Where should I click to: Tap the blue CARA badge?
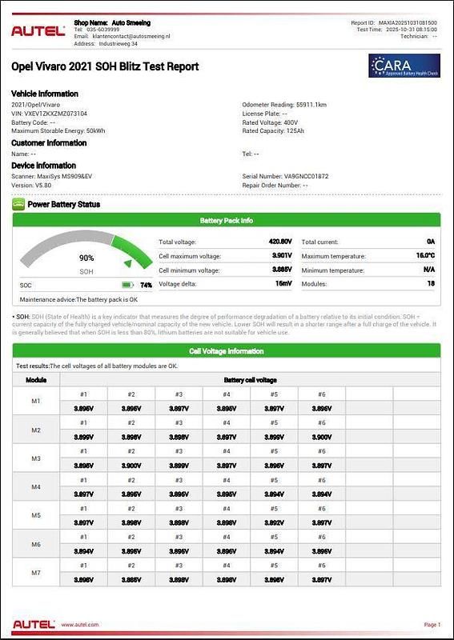click(402, 66)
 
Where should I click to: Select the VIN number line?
click(50, 114)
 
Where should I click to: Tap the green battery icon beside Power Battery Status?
click(18, 204)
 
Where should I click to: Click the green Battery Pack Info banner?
click(227, 220)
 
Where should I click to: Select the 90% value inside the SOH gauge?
click(86, 258)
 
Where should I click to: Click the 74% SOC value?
click(146, 285)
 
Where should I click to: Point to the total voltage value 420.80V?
click(280, 241)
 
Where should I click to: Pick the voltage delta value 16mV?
click(283, 284)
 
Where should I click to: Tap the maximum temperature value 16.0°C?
click(425, 255)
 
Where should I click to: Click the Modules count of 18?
click(430, 284)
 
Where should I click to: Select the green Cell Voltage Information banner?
click(227, 350)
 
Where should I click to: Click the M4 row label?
click(36, 486)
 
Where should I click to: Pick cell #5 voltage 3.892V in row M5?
click(274, 523)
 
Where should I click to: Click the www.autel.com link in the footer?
click(80, 625)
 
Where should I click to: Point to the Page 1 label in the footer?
click(432, 625)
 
